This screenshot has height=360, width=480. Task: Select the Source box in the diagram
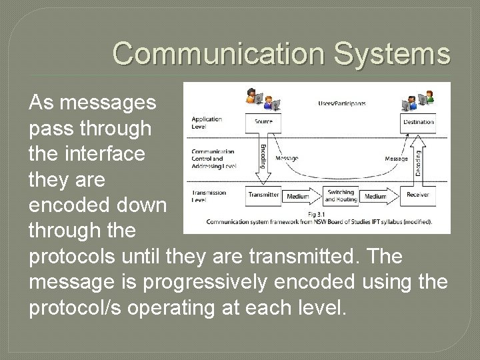tap(264, 122)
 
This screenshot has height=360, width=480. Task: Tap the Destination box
tap(418, 122)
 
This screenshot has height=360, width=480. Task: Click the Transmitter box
tap(263, 194)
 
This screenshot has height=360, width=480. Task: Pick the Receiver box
tap(418, 194)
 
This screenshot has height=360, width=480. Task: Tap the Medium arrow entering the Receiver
tap(376, 197)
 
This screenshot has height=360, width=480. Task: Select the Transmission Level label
tap(208, 196)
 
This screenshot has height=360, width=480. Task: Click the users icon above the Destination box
tap(419, 99)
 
